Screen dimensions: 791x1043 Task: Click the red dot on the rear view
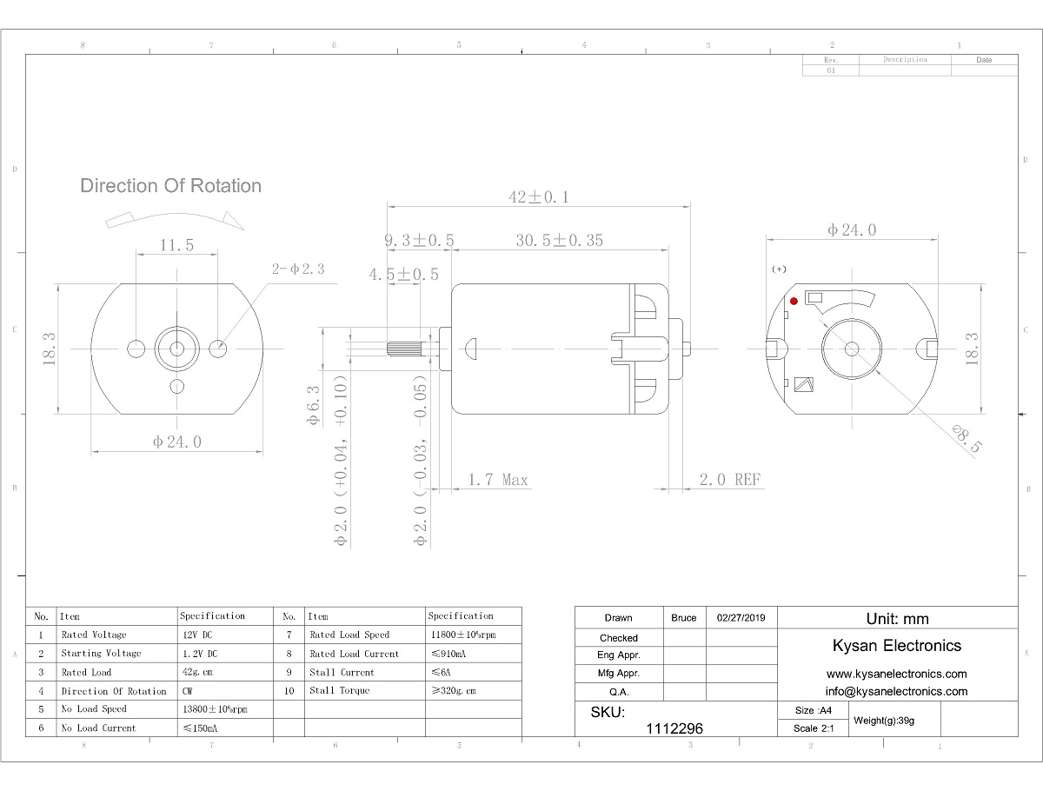coord(794,301)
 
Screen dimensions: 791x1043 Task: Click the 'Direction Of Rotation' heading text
coord(170,186)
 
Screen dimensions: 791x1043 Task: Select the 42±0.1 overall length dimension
coord(538,197)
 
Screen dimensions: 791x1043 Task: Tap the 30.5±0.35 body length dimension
coord(559,241)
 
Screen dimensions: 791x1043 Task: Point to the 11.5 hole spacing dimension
coord(176,245)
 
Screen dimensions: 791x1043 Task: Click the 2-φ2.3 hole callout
coord(298,269)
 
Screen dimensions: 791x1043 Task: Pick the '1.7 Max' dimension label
coord(497,480)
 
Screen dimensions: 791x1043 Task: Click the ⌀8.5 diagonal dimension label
coord(967,439)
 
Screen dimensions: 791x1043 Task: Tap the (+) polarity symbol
coord(779,269)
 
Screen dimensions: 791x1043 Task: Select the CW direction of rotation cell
coord(189,691)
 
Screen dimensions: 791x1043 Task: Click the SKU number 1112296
coord(674,729)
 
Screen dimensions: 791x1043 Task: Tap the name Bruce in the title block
coord(684,618)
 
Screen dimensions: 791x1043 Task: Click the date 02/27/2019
coord(741,618)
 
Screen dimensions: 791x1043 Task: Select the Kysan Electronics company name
coord(897,645)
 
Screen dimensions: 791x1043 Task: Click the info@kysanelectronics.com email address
coord(896,691)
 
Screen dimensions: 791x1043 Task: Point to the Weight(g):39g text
coord(884,720)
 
